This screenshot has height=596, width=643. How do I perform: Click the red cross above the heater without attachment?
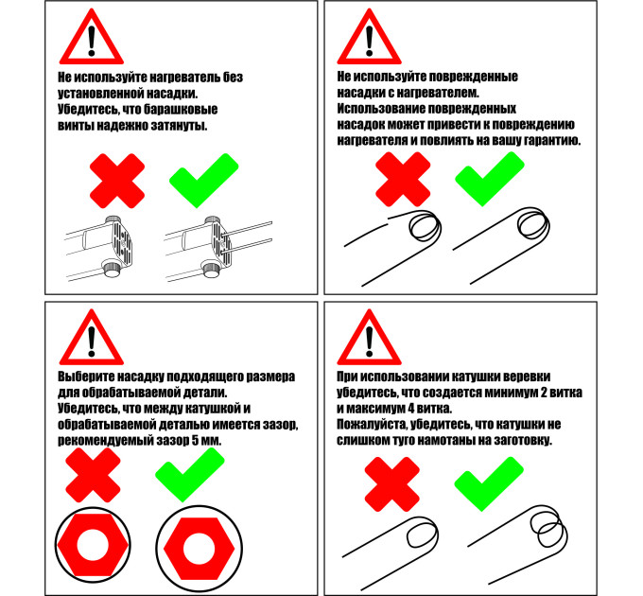117,181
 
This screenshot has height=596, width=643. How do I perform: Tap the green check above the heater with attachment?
203,181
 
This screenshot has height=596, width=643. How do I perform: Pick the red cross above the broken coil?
403,179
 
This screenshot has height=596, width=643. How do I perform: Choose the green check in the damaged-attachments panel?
490,179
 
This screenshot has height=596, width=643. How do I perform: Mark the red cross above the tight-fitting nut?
93,475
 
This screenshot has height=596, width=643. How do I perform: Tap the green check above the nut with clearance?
190,475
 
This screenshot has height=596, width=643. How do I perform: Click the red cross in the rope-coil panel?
392,484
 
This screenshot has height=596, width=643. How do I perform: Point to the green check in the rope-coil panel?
489,484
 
